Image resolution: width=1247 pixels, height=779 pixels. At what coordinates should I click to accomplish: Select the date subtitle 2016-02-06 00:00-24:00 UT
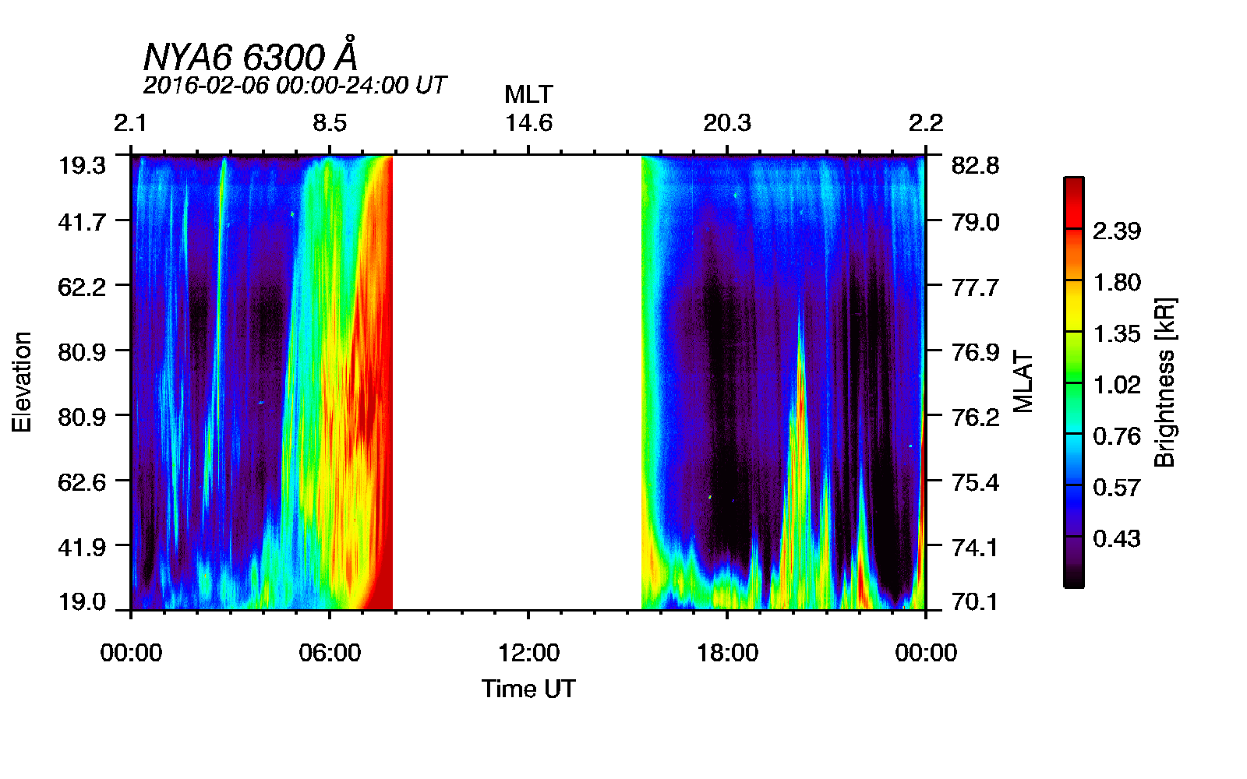pos(295,85)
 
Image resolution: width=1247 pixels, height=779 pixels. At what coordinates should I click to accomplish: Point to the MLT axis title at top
pos(528,95)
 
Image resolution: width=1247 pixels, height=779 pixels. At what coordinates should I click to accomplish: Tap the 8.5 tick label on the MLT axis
pos(330,123)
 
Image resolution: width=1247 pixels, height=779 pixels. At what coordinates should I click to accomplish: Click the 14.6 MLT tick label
pos(528,123)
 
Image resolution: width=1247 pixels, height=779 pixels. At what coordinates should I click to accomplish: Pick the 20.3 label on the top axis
pos(727,123)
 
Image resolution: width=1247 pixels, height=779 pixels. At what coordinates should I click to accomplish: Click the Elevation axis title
pos(22,382)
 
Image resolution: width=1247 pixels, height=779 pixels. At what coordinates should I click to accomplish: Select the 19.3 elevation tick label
pos(82,165)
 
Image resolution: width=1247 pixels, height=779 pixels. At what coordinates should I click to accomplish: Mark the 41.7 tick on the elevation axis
pos(82,223)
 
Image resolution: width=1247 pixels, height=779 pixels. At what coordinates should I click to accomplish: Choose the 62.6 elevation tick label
pos(82,482)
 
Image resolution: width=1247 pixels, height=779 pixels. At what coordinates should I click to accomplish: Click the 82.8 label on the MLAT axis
pos(975,165)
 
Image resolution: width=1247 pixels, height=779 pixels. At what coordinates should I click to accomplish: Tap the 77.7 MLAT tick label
pos(975,287)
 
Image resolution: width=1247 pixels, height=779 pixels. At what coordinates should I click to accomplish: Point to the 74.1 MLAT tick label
pos(975,548)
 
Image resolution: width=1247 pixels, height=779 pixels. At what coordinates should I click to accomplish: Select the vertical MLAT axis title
pos(1023,382)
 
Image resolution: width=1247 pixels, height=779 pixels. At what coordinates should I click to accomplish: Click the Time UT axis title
pos(528,689)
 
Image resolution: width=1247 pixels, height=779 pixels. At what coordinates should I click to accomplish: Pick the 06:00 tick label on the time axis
pos(330,653)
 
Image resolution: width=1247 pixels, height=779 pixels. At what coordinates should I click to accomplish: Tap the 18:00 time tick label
pos(727,653)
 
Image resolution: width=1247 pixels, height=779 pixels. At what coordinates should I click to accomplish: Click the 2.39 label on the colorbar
pos(1117,231)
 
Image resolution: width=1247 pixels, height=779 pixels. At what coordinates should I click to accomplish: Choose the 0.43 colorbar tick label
pos(1117,538)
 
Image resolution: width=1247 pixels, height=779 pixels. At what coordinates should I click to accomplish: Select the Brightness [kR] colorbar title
pos(1164,382)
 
